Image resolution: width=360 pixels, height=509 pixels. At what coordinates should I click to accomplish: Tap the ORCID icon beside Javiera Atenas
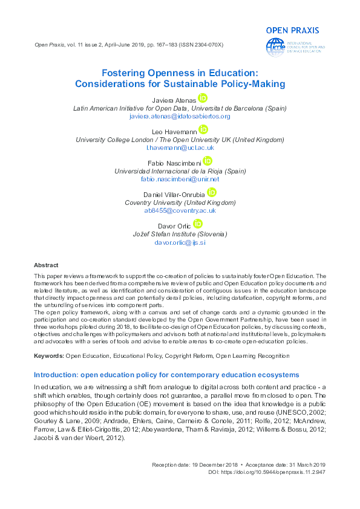click(202, 99)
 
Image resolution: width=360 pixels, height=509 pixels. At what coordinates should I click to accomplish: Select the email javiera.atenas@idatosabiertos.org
click(180, 115)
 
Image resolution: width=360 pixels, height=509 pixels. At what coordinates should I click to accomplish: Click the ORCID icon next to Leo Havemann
click(203, 129)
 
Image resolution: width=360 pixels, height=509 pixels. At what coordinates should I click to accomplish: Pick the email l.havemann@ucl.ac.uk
click(180, 147)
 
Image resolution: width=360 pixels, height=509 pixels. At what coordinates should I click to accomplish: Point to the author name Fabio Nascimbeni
click(175, 163)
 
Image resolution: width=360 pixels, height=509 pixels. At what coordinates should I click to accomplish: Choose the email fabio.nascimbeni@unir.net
click(180, 179)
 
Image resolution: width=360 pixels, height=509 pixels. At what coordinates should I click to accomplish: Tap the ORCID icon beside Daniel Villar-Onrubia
click(211, 192)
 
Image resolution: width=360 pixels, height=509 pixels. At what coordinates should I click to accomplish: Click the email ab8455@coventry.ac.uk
click(180, 210)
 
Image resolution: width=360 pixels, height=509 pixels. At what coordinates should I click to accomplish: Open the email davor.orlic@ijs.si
click(180, 242)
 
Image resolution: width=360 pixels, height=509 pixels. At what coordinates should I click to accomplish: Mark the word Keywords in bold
click(48, 355)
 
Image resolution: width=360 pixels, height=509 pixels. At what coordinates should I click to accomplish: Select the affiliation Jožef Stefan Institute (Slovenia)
click(180, 233)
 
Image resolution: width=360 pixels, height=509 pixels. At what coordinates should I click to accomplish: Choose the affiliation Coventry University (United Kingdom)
click(180, 203)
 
